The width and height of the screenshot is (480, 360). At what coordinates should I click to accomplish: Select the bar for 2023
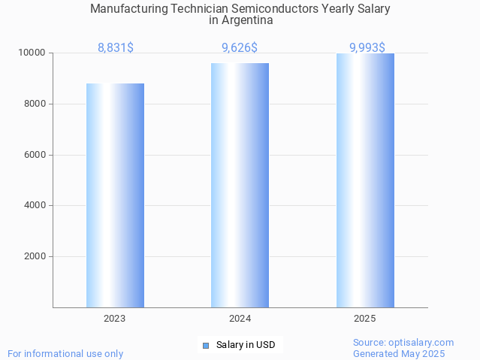[x=115, y=195]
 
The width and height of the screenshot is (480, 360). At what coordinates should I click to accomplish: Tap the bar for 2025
[x=365, y=180]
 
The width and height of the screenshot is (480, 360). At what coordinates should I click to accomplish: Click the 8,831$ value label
[x=116, y=47]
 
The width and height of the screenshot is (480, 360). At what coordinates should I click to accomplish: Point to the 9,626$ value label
[x=240, y=47]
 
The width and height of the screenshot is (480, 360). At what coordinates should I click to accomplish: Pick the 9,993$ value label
[x=367, y=47]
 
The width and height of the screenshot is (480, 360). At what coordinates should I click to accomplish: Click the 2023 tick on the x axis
[x=115, y=319]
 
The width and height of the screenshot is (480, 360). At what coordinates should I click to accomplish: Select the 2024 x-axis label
[x=240, y=319]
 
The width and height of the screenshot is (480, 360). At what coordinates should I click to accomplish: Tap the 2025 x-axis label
[x=365, y=319]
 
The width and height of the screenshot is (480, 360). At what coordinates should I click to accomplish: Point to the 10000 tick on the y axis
[x=32, y=53]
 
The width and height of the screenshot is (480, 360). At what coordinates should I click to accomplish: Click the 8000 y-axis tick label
[x=35, y=104]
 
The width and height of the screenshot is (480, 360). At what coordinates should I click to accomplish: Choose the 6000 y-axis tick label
[x=35, y=155]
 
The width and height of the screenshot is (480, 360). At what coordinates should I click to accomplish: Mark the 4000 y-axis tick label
[x=35, y=205]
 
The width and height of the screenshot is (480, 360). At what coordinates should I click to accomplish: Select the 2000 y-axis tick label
[x=35, y=256]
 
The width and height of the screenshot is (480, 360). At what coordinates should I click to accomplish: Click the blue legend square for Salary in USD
[x=205, y=346]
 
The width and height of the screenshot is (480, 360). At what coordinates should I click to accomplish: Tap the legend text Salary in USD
[x=246, y=346]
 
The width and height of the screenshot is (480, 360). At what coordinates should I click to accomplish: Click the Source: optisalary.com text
[x=403, y=343]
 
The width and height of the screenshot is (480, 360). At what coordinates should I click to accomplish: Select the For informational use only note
[x=65, y=353]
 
